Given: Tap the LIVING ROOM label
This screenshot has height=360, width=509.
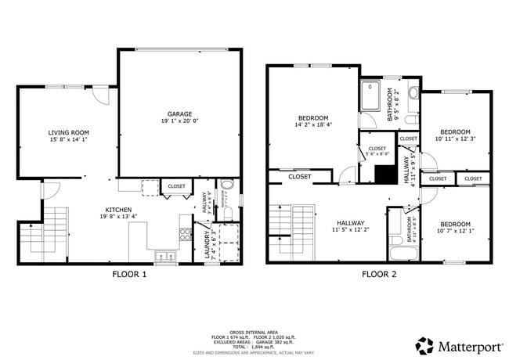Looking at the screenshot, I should pyautogui.click(x=67, y=133).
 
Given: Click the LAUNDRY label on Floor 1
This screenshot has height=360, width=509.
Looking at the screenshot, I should pyautogui.click(x=207, y=243).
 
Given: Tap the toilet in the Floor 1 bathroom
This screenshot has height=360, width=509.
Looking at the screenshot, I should pyautogui.click(x=226, y=186).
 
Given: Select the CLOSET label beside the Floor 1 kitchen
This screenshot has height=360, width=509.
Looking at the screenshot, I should pyautogui.click(x=177, y=186).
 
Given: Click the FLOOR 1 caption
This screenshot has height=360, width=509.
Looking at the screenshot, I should pyautogui.click(x=128, y=274).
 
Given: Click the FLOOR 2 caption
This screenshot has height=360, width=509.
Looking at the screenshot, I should pyautogui.click(x=379, y=274).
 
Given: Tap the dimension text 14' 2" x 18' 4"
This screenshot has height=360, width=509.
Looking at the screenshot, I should pyautogui.click(x=312, y=124).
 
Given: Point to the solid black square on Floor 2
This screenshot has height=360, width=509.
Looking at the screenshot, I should pyautogui.click(x=383, y=175).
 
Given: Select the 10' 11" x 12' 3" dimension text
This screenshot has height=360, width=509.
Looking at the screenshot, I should pyautogui.click(x=455, y=139).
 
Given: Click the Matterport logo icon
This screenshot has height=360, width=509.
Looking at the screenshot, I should pyautogui.click(x=424, y=346).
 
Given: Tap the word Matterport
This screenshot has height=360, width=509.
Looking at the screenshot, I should pyautogui.click(x=467, y=346).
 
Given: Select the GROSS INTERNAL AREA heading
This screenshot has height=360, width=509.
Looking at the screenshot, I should pyautogui.click(x=254, y=331).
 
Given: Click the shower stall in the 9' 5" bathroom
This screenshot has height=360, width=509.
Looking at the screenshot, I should pyautogui.click(x=374, y=96).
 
